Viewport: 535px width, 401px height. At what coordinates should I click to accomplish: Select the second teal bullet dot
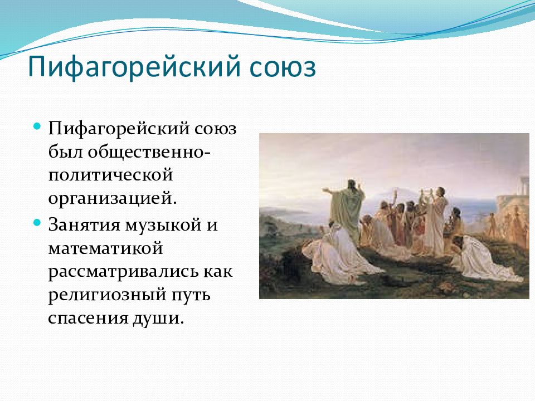click(x=37, y=223)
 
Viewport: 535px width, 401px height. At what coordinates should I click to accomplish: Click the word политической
click(x=110, y=175)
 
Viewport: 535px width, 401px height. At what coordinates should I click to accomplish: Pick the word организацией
click(x=113, y=198)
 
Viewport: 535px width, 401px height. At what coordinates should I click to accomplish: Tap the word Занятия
click(x=84, y=224)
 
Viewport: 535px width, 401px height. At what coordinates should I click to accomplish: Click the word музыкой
click(x=163, y=226)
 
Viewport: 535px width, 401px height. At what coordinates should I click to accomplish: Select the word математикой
click(x=105, y=248)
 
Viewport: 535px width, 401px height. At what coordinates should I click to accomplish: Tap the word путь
click(x=191, y=295)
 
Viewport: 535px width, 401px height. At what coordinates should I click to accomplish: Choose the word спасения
click(x=87, y=319)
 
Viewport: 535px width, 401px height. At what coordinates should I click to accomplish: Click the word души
click(x=158, y=319)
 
